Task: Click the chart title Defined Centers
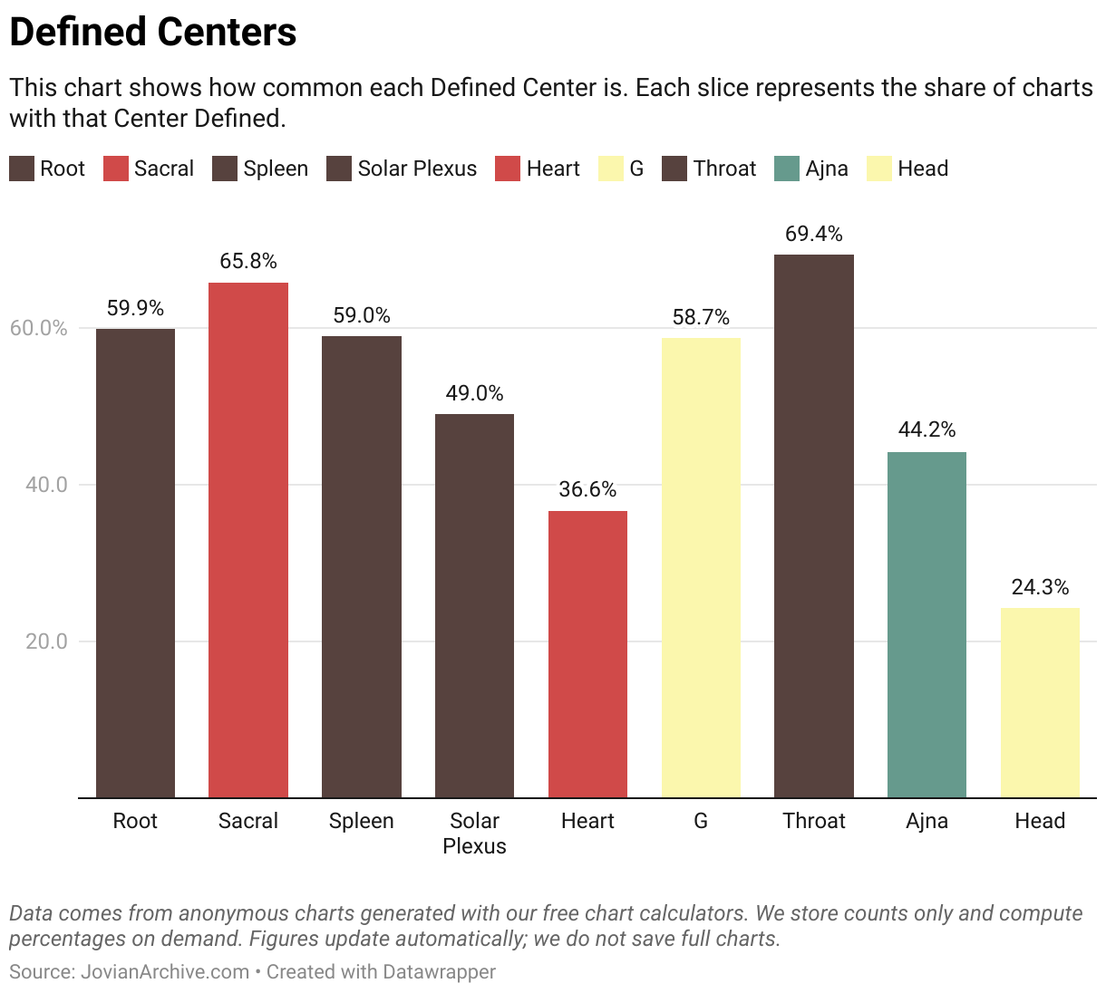coord(152,32)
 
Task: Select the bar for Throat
coord(813,525)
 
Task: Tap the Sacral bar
coord(248,540)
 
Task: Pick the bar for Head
coord(1040,702)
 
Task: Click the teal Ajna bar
coord(927,624)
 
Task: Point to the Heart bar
coord(587,654)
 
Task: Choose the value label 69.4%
coord(813,234)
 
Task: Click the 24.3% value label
coord(1040,587)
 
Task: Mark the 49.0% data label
coord(474,393)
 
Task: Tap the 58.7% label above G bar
coord(701,317)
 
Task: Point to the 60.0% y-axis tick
coord(39,328)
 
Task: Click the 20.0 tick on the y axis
coord(46,641)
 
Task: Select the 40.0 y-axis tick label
coord(46,485)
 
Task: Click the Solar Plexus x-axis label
coord(474,833)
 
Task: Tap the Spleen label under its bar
coord(361,821)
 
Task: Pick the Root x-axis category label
coord(135,821)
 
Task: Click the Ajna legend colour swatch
coord(787,169)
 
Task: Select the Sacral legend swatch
coord(116,169)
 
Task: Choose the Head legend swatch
coord(879,169)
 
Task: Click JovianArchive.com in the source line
coord(165,972)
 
